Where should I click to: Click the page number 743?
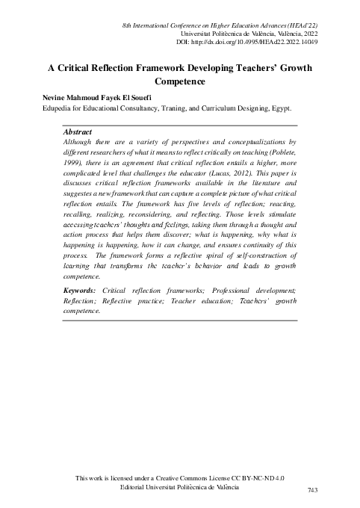(x=314, y=489)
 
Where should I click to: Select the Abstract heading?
(x=78, y=131)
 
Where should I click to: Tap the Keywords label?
(x=80, y=310)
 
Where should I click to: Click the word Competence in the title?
(x=179, y=81)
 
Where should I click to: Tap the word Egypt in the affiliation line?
(x=280, y=108)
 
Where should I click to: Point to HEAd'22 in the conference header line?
(x=297, y=26)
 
